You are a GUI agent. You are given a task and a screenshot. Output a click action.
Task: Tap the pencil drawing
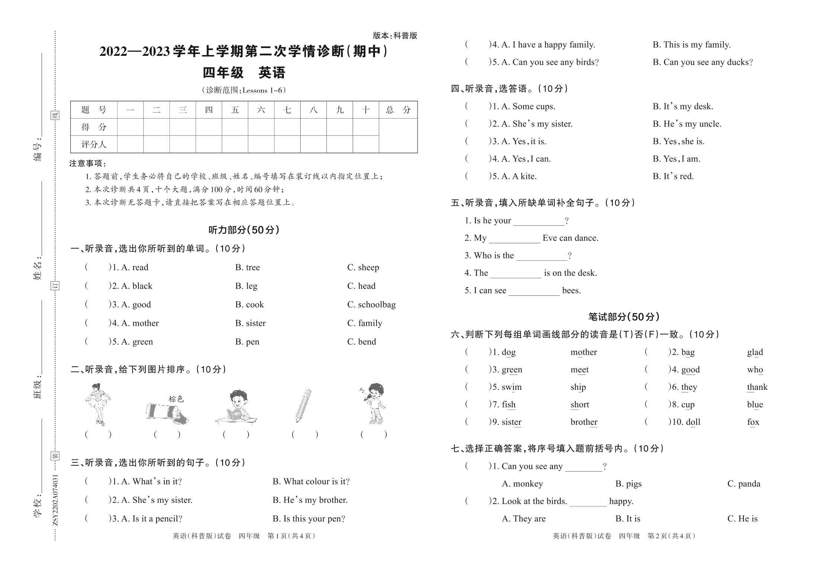pos(303,406)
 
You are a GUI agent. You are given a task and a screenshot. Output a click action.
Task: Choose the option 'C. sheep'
pos(363,267)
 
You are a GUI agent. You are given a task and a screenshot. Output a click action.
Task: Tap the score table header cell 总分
pos(398,110)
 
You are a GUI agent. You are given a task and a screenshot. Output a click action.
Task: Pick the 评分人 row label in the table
pos(94,144)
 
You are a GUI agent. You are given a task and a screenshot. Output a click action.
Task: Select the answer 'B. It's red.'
pos(673,176)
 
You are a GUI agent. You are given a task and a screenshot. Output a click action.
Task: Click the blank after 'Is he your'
pos(538,221)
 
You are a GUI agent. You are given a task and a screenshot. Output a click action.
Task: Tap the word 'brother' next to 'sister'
pos(583,422)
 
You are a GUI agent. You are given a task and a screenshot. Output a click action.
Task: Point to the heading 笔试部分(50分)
pos(624,317)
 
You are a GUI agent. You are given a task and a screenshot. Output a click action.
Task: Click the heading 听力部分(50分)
pos(244,230)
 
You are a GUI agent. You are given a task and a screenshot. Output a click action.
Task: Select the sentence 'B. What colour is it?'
pos(311,482)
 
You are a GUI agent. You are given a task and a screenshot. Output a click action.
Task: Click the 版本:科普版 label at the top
pos(395,36)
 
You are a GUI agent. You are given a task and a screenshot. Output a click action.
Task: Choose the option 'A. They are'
pos(524,519)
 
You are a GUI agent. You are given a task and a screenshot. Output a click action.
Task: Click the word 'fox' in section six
pos(753,422)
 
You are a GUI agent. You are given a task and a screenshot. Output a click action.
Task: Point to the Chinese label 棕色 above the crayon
pos(176,399)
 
